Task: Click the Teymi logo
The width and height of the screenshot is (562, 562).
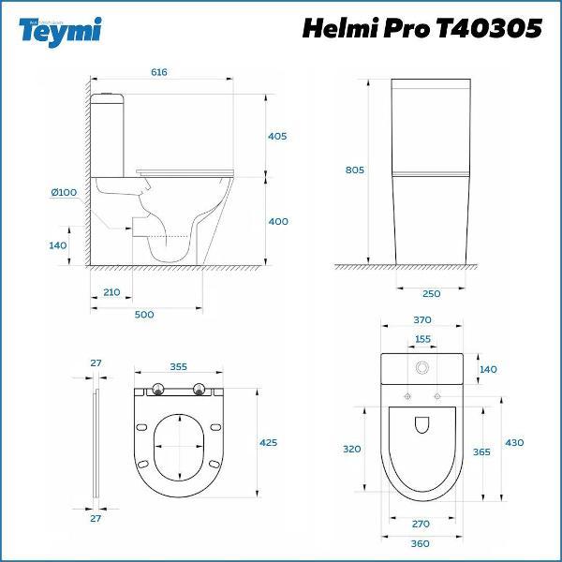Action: click(60, 32)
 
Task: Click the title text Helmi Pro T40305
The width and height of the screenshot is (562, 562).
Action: click(421, 28)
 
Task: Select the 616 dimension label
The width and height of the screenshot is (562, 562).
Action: click(159, 72)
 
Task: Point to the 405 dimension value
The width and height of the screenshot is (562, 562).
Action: click(277, 136)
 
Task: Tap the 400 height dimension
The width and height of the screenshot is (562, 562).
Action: click(278, 221)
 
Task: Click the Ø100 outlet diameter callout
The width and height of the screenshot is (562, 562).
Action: click(64, 192)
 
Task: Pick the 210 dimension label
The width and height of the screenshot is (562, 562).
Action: click(111, 292)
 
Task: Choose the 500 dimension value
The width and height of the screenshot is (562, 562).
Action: click(144, 315)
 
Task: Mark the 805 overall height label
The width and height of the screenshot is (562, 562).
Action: click(354, 170)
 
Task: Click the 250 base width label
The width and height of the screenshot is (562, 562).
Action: click(431, 293)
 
